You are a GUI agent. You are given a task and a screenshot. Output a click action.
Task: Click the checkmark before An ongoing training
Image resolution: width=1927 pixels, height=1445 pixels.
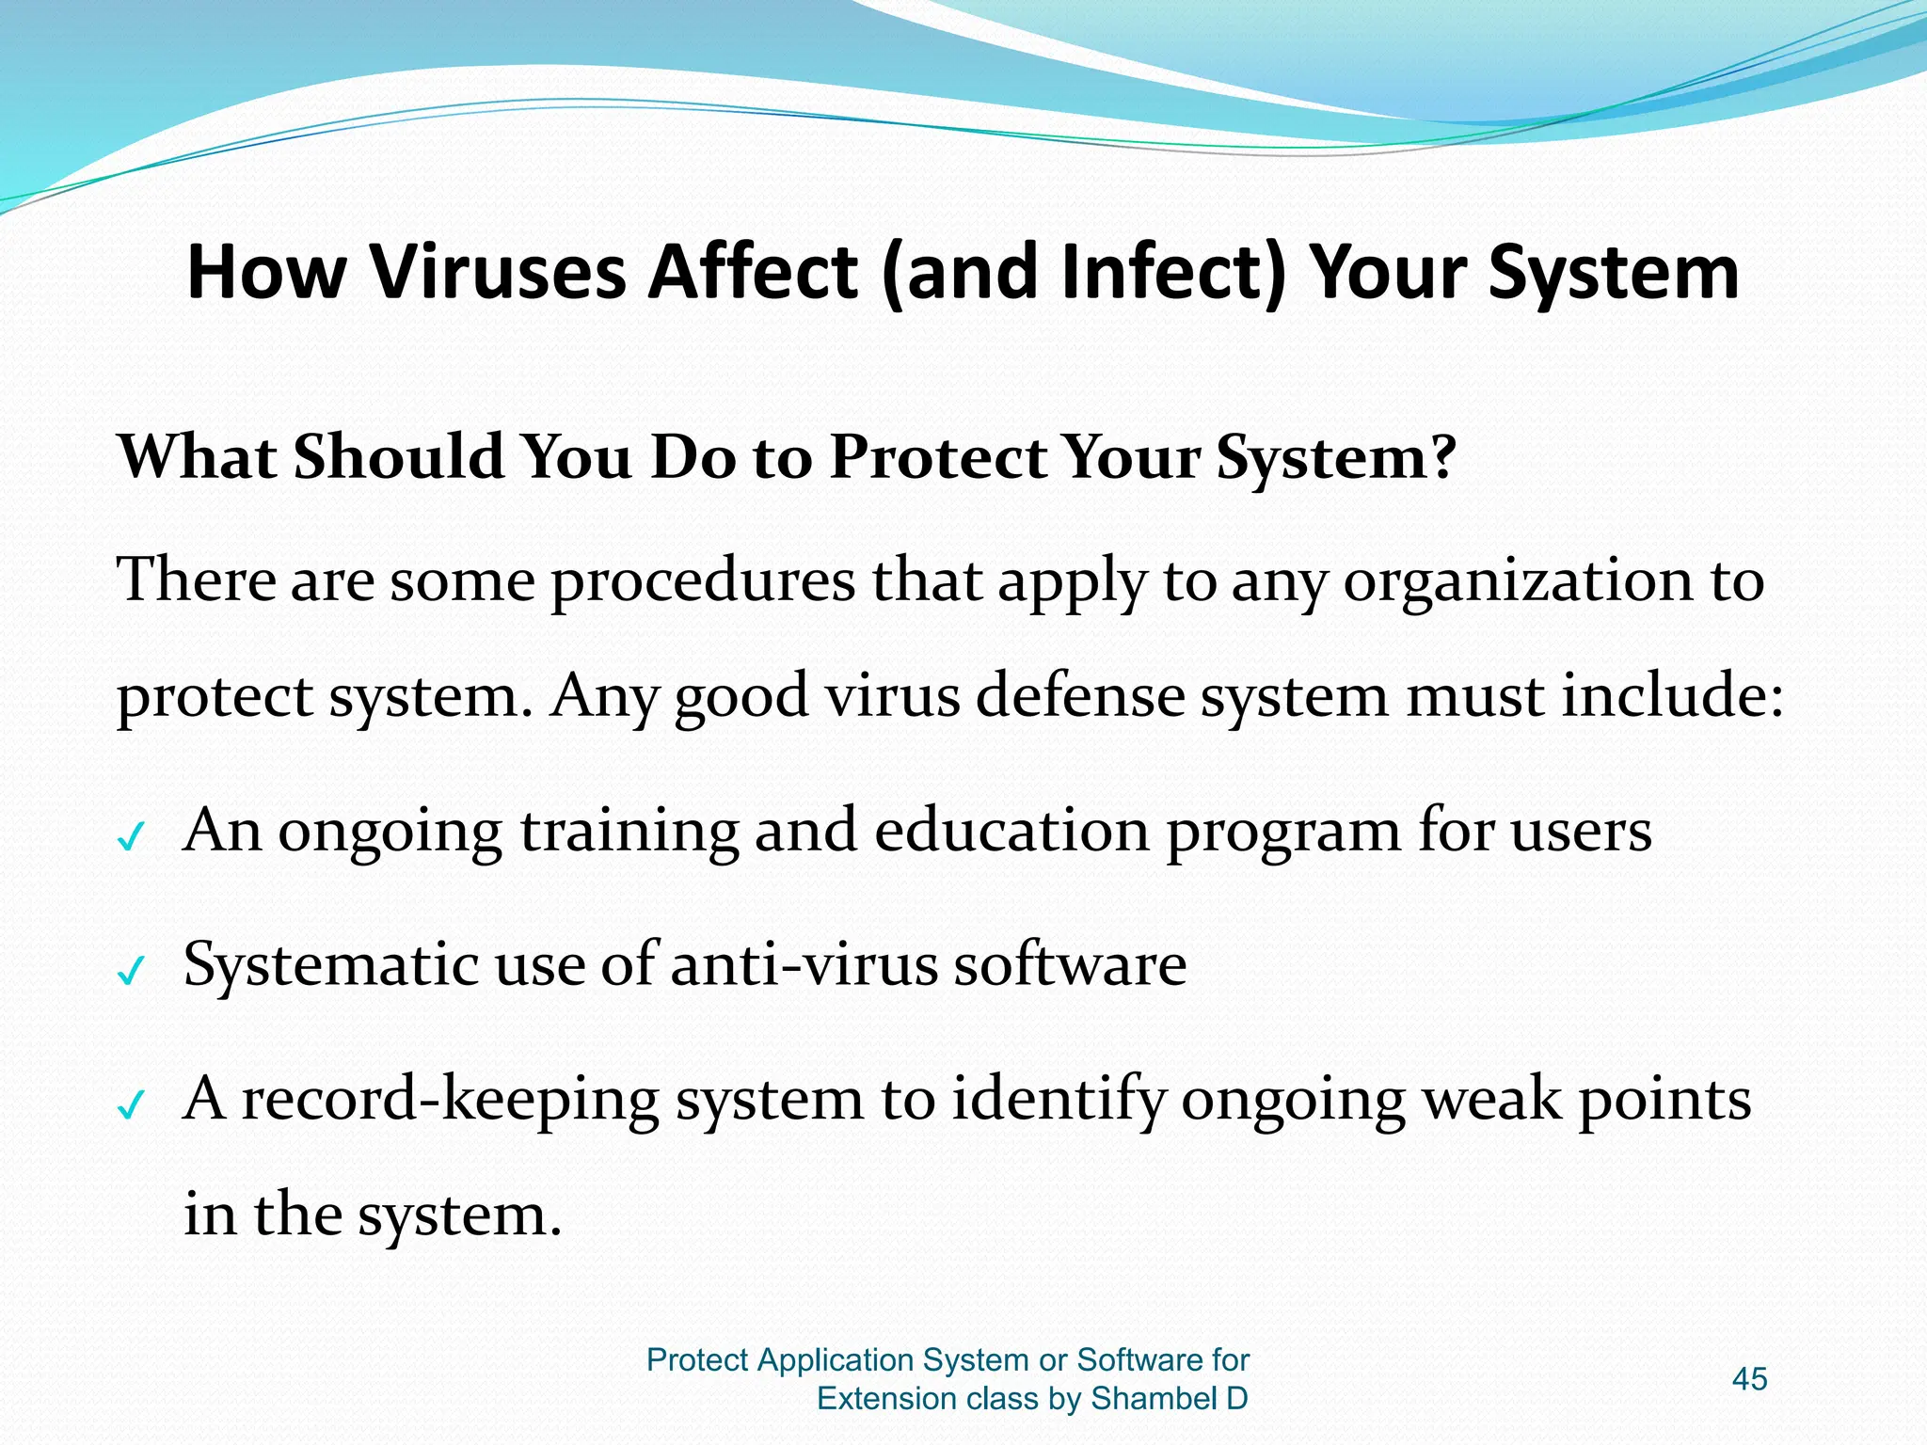click(131, 835)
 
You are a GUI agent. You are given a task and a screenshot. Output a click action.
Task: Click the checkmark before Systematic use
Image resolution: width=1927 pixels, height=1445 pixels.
click(131, 970)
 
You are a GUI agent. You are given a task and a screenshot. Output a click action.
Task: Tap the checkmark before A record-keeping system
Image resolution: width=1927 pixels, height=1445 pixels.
click(131, 1104)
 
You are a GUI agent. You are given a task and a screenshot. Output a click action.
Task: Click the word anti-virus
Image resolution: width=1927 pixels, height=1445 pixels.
click(804, 965)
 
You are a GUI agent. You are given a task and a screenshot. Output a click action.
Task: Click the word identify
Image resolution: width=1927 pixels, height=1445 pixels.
click(1058, 1100)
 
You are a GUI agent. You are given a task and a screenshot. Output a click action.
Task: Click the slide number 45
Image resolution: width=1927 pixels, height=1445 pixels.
click(1749, 1379)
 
